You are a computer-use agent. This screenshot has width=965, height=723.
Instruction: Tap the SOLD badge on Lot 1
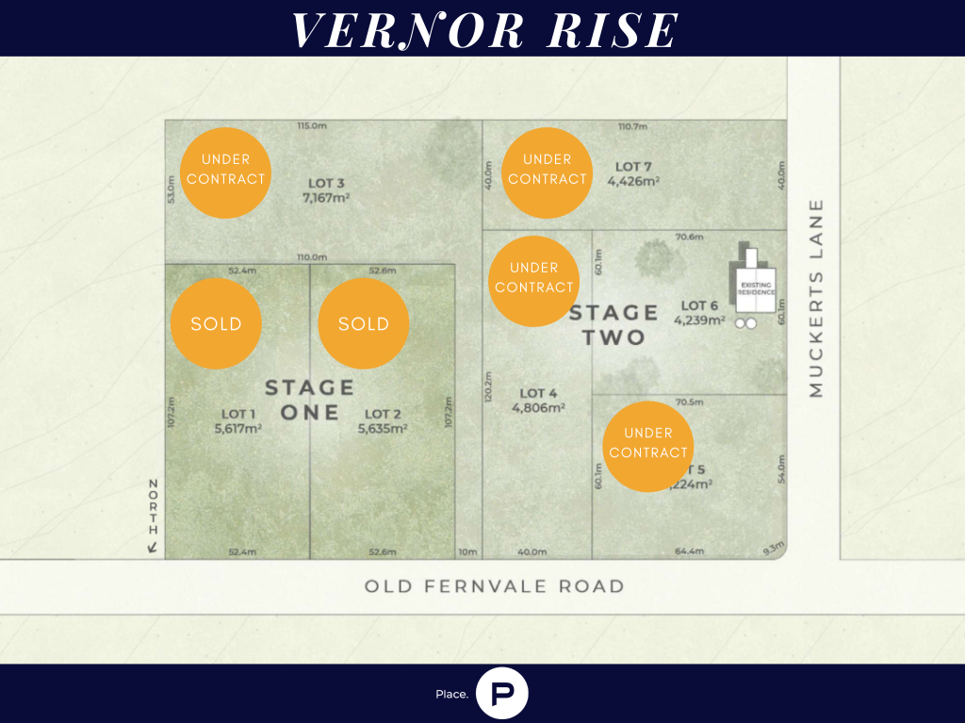[x=216, y=323]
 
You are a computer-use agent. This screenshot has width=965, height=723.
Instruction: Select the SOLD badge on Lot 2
[x=364, y=323]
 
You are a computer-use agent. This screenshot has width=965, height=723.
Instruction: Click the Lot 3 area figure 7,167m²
[x=323, y=199]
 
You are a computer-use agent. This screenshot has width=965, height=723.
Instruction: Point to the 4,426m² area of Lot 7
[x=633, y=182]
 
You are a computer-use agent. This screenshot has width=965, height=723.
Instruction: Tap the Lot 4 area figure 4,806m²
[x=538, y=408]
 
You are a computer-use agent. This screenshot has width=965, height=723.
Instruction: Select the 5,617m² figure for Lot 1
[x=238, y=428]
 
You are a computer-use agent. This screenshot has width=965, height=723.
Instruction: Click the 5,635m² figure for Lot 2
[x=383, y=428]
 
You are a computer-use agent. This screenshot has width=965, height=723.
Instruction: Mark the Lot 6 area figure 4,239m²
[x=699, y=320]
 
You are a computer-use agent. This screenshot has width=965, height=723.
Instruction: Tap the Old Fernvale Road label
[x=494, y=586]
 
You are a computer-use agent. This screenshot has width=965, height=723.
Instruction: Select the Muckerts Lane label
[x=816, y=297]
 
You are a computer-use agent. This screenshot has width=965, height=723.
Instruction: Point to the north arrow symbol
[x=152, y=546]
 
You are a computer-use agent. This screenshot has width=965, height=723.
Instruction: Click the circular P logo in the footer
[x=502, y=694]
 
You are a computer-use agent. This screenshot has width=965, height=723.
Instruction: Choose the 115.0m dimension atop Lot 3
[x=311, y=126]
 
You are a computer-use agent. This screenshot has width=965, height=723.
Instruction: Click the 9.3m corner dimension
[x=773, y=547]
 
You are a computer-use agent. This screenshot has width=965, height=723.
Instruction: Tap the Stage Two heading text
[x=613, y=324]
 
